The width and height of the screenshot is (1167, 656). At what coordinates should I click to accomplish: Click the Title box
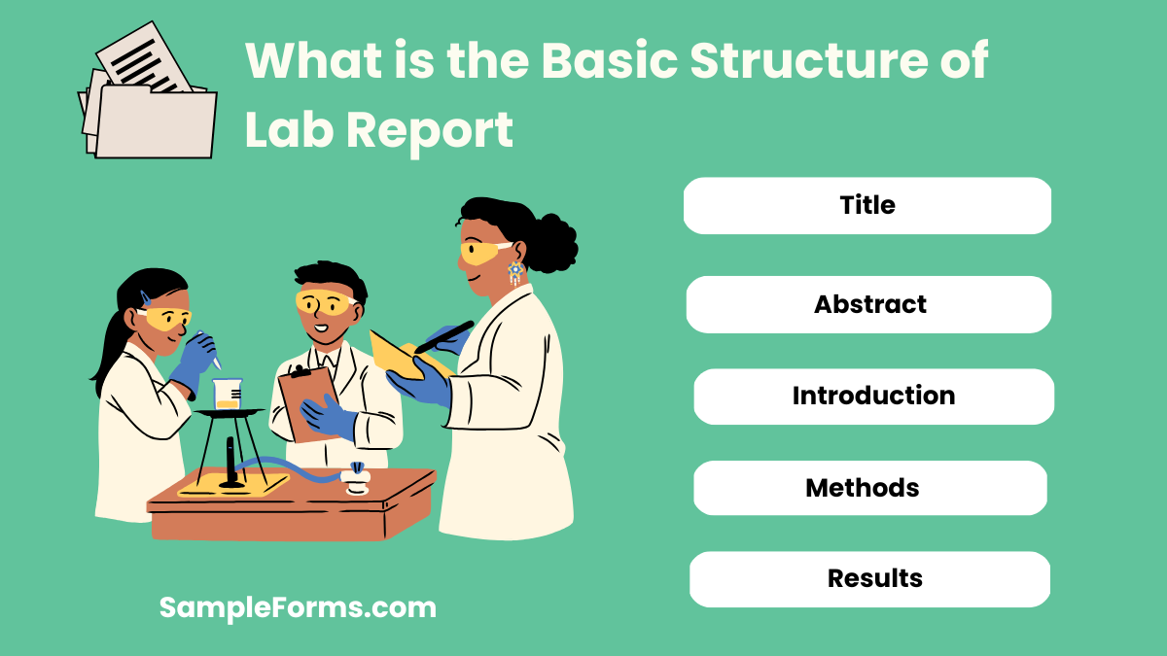[x=867, y=205]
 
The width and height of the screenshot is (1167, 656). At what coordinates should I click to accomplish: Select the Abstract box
[x=869, y=304]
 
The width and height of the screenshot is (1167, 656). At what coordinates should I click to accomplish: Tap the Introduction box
[x=873, y=397]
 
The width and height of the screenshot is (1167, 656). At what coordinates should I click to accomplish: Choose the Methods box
[x=869, y=488]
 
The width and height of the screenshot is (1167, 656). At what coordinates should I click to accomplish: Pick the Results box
[x=869, y=579]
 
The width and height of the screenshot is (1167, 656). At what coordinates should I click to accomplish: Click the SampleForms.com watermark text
[x=298, y=608]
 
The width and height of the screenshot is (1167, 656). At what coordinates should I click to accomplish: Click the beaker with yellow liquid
[x=227, y=393]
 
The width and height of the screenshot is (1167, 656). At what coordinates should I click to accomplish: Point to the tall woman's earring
[x=515, y=273]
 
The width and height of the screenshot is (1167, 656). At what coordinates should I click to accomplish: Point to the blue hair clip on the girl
[x=145, y=296]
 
